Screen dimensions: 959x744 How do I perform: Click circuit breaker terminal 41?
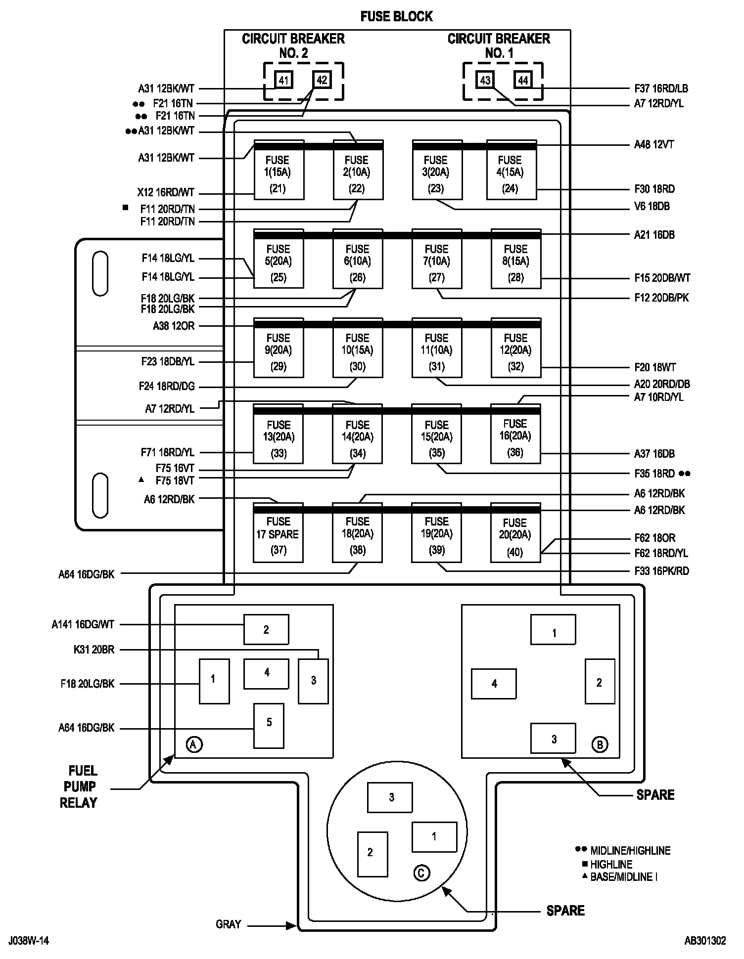pos(283,80)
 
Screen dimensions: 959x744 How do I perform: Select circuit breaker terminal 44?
pos(523,80)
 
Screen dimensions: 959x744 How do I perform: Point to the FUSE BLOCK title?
pos(396,16)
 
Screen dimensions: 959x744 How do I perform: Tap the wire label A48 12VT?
pos(654,145)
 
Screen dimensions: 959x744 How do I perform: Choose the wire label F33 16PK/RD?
pos(661,571)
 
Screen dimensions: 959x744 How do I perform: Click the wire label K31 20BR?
pos(93,650)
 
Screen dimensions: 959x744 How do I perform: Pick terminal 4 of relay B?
pos(494,684)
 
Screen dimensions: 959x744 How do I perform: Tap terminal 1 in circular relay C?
pos(434,836)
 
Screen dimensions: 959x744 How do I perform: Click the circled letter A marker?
pos(194,744)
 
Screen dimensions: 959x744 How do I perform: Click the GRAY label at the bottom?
pos(228,924)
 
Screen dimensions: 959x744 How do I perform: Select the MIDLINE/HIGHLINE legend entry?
pos(630,851)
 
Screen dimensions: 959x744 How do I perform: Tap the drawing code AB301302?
pos(704,940)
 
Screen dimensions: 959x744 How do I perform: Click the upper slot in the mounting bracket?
pos(100,273)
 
